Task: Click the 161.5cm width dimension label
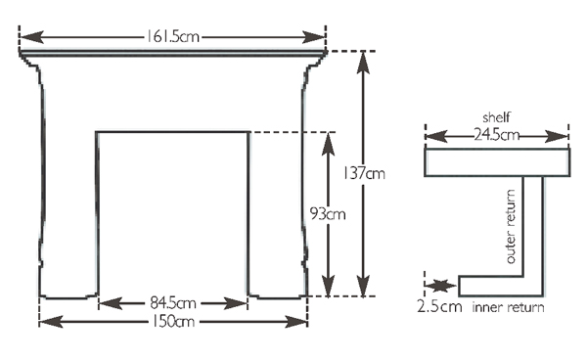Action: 172,36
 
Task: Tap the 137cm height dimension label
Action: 364,173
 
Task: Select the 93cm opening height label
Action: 328,214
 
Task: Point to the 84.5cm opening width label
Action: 173,302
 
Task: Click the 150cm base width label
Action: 173,321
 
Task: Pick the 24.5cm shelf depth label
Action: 497,134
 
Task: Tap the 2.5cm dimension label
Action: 439,307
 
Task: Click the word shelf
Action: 496,117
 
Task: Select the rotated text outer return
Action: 511,226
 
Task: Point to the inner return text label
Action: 508,307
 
